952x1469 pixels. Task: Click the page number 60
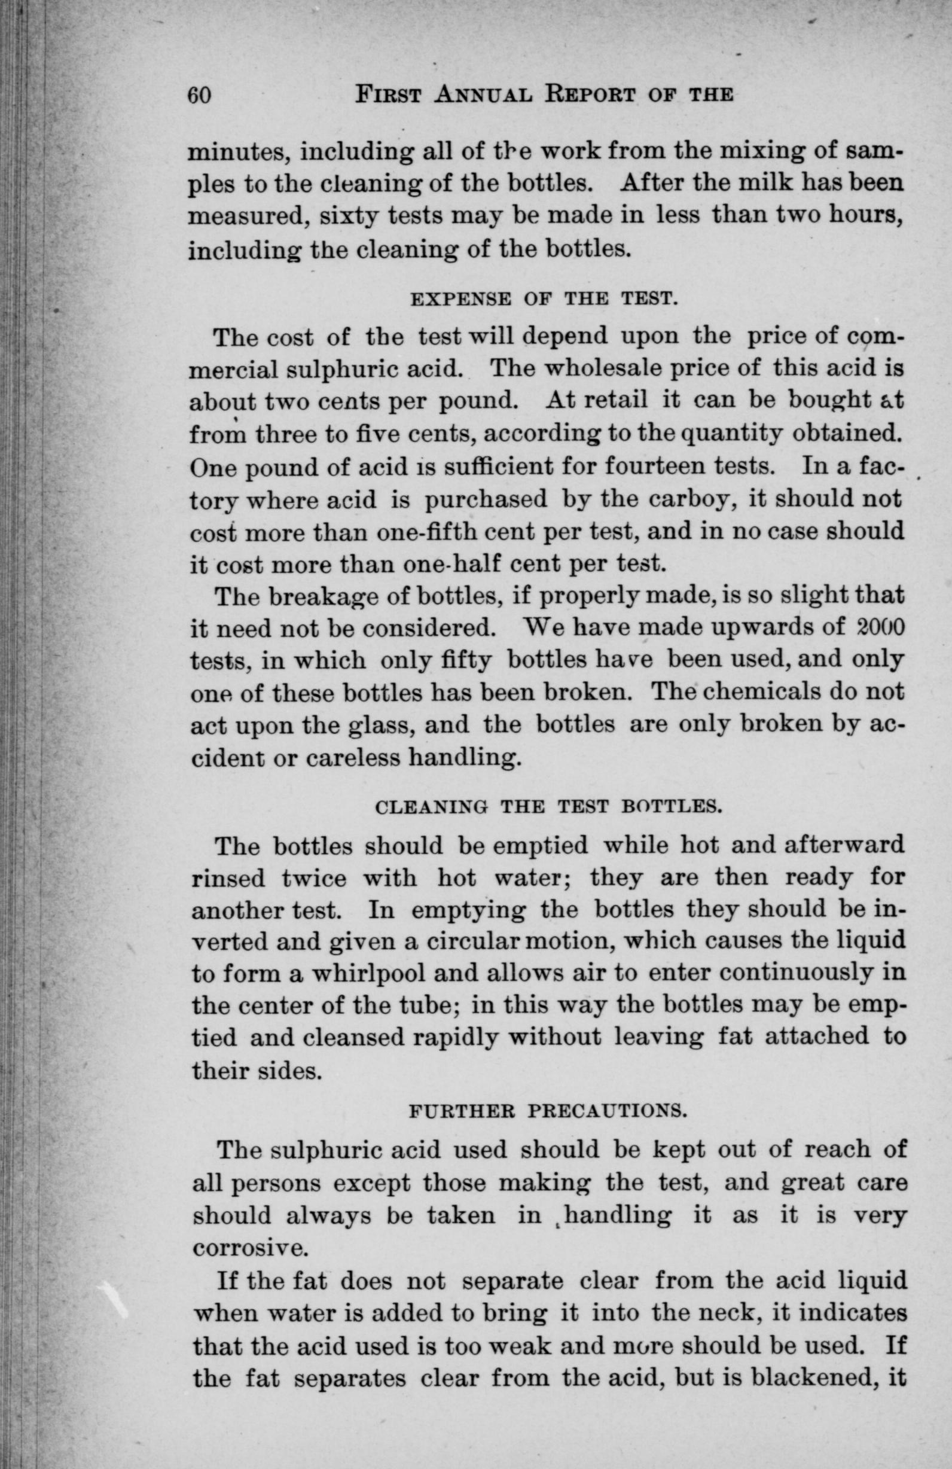(x=200, y=96)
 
